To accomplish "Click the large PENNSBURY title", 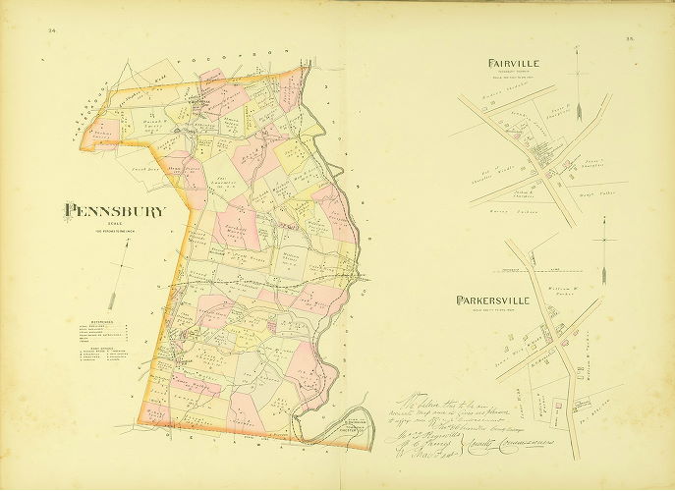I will click(x=116, y=210).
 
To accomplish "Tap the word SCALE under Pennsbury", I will click(x=115, y=223).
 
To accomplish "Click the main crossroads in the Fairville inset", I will click(x=541, y=157).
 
